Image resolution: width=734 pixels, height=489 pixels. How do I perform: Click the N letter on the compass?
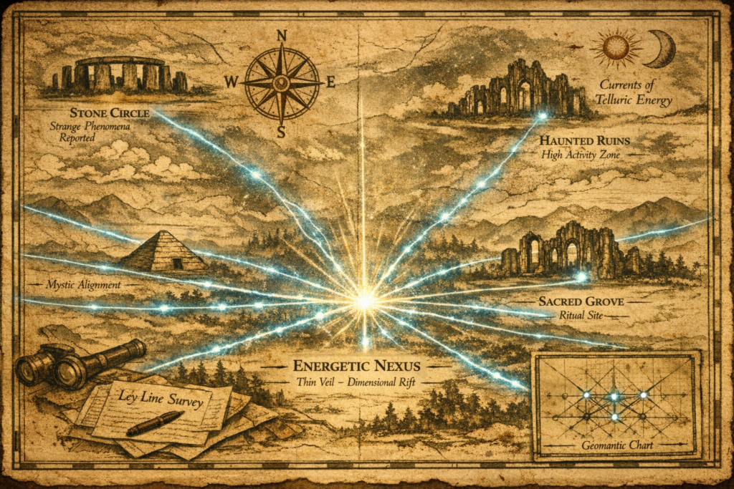coord(282,36)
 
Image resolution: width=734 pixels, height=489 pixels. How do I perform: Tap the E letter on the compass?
coord(330,82)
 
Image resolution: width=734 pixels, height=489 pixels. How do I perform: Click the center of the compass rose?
coord(282,83)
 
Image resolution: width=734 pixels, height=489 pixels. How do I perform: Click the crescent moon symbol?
coord(663,48)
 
